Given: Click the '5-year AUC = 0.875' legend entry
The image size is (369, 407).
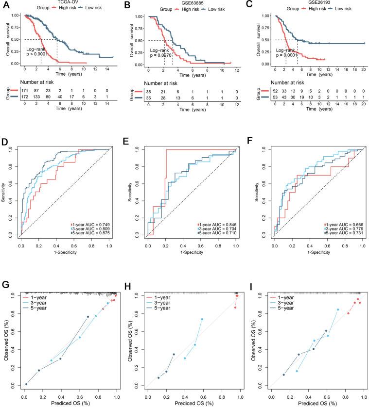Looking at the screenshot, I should (93, 229).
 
